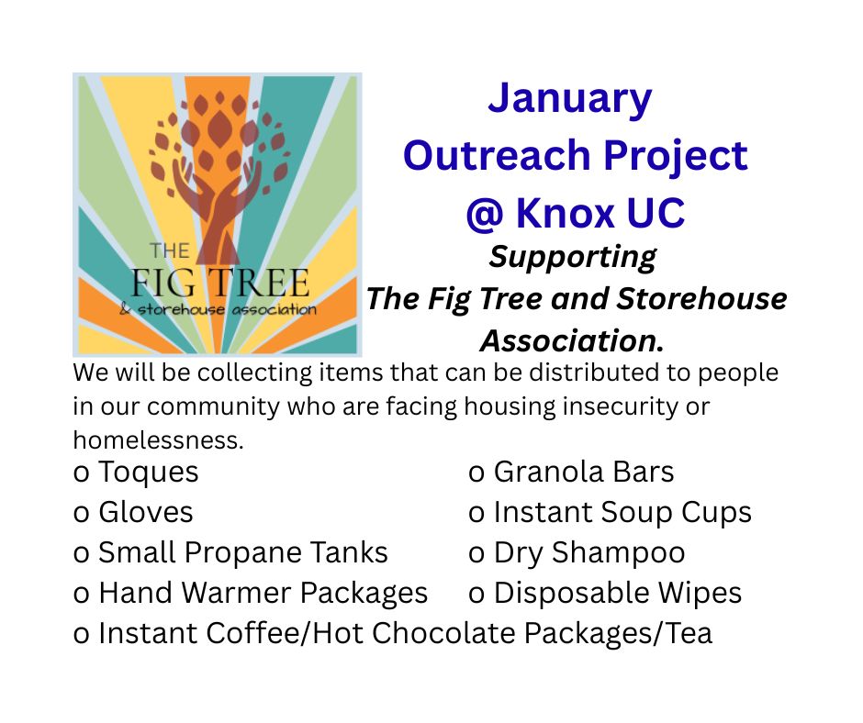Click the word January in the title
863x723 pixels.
(x=569, y=100)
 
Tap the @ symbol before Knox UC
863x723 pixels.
(x=485, y=213)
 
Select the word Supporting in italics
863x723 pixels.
(x=572, y=257)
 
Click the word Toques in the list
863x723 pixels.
(x=148, y=473)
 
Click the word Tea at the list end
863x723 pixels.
(x=690, y=633)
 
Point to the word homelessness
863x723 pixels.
(x=159, y=440)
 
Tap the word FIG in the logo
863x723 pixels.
(x=163, y=284)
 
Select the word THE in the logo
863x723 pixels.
(x=170, y=251)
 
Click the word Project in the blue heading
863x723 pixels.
(x=676, y=157)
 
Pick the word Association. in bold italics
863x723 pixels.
(x=572, y=341)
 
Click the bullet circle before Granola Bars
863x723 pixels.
(x=476, y=473)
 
